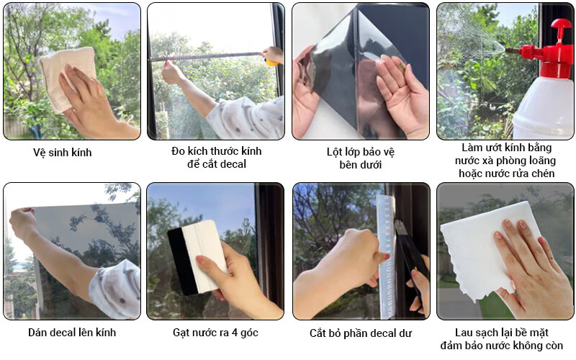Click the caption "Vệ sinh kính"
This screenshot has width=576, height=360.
(x=63, y=152)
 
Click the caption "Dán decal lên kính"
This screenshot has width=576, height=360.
(x=71, y=333)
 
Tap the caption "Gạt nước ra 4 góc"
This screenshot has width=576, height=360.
(x=215, y=333)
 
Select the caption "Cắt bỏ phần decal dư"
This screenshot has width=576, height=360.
(x=361, y=333)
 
